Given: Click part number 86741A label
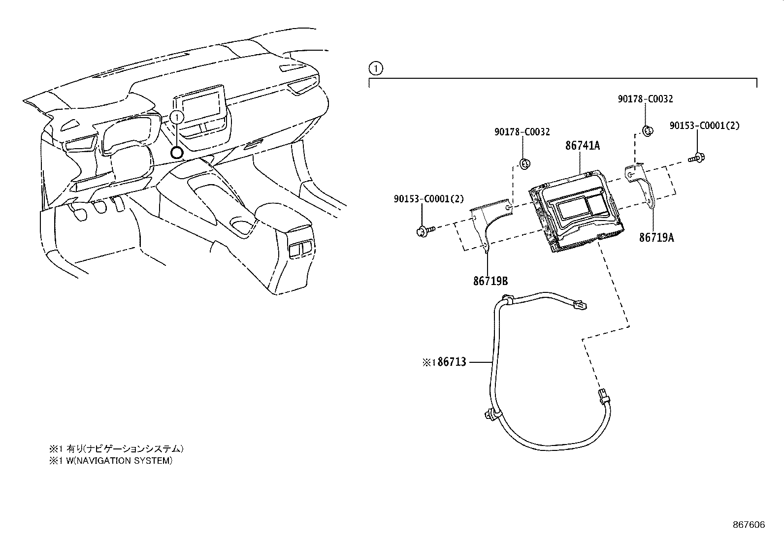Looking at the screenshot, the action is click(x=583, y=145).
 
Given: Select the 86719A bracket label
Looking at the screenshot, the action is click(x=656, y=238).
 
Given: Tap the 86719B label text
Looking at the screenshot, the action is click(x=490, y=281).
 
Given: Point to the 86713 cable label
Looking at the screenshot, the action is click(x=452, y=362).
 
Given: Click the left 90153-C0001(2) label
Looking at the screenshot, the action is click(x=429, y=199).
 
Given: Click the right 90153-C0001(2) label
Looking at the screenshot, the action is click(x=705, y=126).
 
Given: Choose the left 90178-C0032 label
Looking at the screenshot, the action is click(x=522, y=132).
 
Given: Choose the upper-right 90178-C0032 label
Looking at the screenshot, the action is click(x=645, y=99).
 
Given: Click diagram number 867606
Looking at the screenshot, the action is click(x=749, y=525).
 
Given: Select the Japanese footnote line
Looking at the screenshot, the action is click(x=116, y=448).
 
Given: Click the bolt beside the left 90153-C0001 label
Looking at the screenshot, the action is click(x=425, y=231).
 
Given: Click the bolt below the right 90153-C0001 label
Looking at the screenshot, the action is click(x=696, y=158).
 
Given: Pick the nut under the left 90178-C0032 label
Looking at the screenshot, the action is click(x=524, y=163).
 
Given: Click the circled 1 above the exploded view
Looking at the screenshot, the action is click(x=376, y=68).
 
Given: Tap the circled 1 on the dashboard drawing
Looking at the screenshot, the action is click(x=177, y=117).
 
